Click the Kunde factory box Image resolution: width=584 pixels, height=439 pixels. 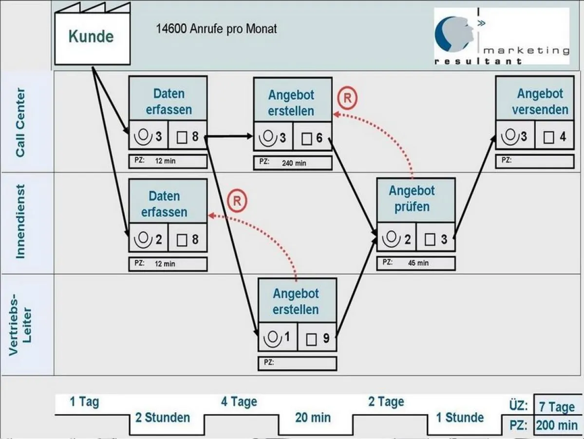click(92, 38)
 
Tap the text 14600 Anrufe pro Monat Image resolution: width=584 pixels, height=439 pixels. click(216, 29)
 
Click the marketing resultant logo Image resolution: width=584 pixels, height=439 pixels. click(502, 36)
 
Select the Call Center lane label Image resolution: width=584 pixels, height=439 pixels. click(20, 122)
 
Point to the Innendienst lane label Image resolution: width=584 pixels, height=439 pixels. click(20, 221)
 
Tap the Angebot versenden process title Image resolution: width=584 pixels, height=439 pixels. click(540, 101)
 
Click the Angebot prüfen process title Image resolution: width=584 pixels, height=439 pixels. click(412, 199)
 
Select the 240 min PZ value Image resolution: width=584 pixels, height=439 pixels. click(294, 163)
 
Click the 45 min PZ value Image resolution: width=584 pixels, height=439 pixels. click(418, 263)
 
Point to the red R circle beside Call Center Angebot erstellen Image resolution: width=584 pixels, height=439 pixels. click(347, 98)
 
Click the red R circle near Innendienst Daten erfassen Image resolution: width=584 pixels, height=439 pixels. click(237, 201)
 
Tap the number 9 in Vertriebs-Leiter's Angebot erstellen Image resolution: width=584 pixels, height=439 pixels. click(325, 338)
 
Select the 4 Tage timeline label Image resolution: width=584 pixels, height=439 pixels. click(239, 402)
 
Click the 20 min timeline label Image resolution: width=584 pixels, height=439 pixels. click(313, 418)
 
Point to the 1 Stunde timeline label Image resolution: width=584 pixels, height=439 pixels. click(459, 418)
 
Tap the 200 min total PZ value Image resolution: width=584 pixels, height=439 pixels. click(557, 425)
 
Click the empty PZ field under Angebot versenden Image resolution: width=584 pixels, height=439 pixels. click(541, 161)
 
